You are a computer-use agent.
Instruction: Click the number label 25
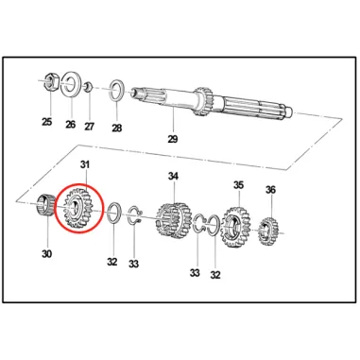pyautogui.click(x=46, y=122)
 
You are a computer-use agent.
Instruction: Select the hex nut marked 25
pyautogui.click(x=51, y=81)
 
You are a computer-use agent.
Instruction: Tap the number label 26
pyautogui.click(x=71, y=124)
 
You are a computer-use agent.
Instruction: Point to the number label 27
pyautogui.click(x=89, y=127)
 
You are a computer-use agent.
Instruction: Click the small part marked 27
pyautogui.click(x=88, y=86)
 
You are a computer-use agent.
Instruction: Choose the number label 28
pyautogui.click(x=116, y=129)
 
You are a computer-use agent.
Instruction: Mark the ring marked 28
pyautogui.click(x=117, y=91)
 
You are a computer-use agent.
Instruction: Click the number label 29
pyautogui.click(x=173, y=139)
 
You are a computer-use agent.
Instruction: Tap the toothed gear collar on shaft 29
pyautogui.click(x=203, y=101)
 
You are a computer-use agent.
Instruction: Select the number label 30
pyautogui.click(x=46, y=254)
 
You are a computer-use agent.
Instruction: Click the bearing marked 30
pyautogui.click(x=44, y=206)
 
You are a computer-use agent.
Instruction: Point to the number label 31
pyautogui.click(x=84, y=164)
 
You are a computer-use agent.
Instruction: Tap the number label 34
pyautogui.click(x=173, y=177)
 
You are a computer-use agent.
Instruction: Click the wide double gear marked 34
pyautogui.click(x=174, y=220)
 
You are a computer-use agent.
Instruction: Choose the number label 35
pyautogui.click(x=238, y=185)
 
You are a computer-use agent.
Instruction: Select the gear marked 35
pyautogui.click(x=236, y=227)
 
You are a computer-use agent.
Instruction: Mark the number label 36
pyautogui.click(x=270, y=190)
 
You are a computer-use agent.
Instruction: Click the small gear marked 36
pyautogui.click(x=268, y=231)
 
